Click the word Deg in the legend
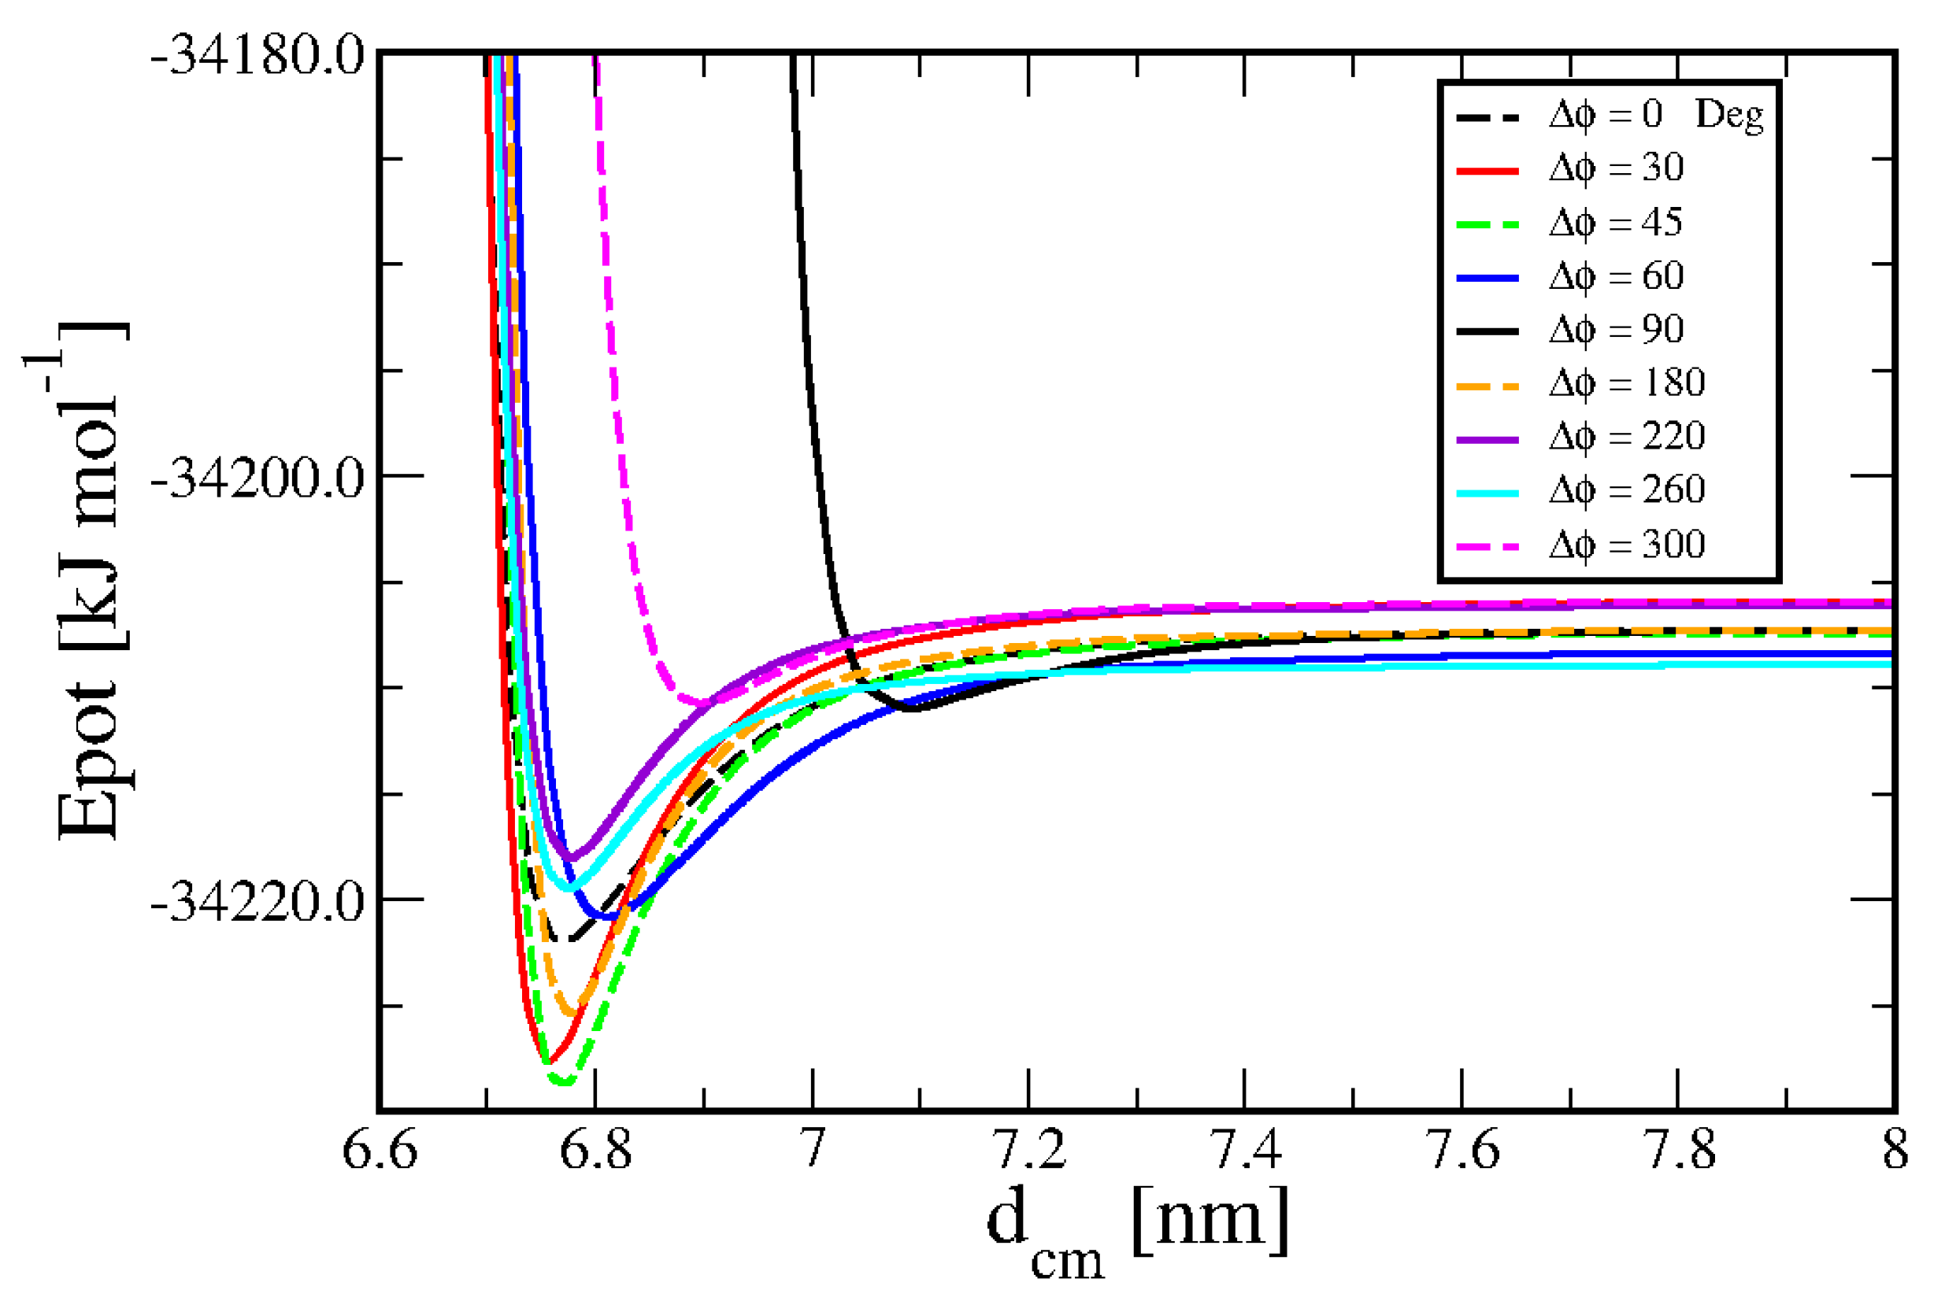coord(1729,116)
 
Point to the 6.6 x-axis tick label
coord(379,1151)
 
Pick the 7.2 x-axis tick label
coord(1028,1151)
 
